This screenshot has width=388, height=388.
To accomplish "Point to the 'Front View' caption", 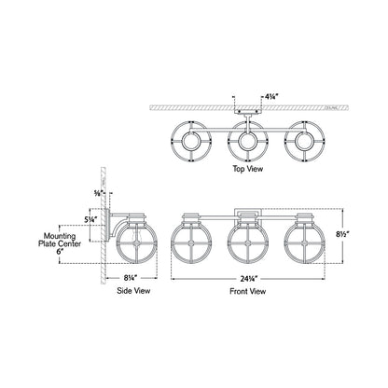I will (246, 290).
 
